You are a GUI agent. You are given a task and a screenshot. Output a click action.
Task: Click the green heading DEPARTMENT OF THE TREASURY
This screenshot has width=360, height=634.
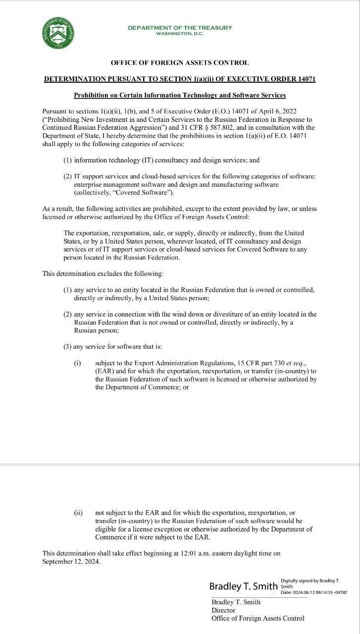tap(180, 28)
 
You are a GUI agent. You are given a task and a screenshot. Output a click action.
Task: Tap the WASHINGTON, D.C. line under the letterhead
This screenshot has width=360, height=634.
tap(180, 34)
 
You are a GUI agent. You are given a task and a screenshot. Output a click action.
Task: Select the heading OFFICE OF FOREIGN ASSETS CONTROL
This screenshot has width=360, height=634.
tap(180, 63)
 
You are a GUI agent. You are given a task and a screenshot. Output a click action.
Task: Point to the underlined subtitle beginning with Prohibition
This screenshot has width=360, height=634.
tap(180, 95)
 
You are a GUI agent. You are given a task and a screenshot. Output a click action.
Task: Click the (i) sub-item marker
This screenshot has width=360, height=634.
tap(77, 363)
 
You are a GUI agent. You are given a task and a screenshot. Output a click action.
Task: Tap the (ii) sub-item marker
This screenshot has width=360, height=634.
tap(78, 513)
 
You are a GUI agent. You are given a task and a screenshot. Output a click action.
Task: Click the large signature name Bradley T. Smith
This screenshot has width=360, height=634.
tap(243, 586)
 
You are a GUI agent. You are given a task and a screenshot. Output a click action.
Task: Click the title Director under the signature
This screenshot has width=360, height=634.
tap(223, 610)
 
